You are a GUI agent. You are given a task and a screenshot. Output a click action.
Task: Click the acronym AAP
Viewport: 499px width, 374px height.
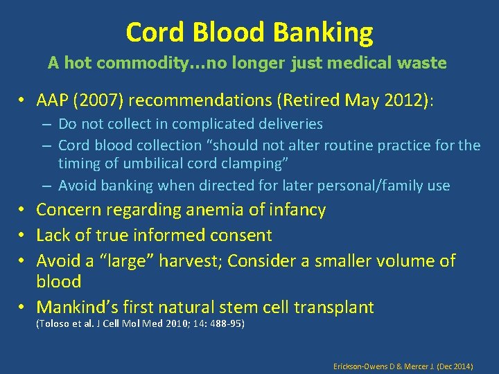point(55,100)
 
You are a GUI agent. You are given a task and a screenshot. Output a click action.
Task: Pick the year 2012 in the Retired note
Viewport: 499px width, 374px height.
point(403,100)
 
